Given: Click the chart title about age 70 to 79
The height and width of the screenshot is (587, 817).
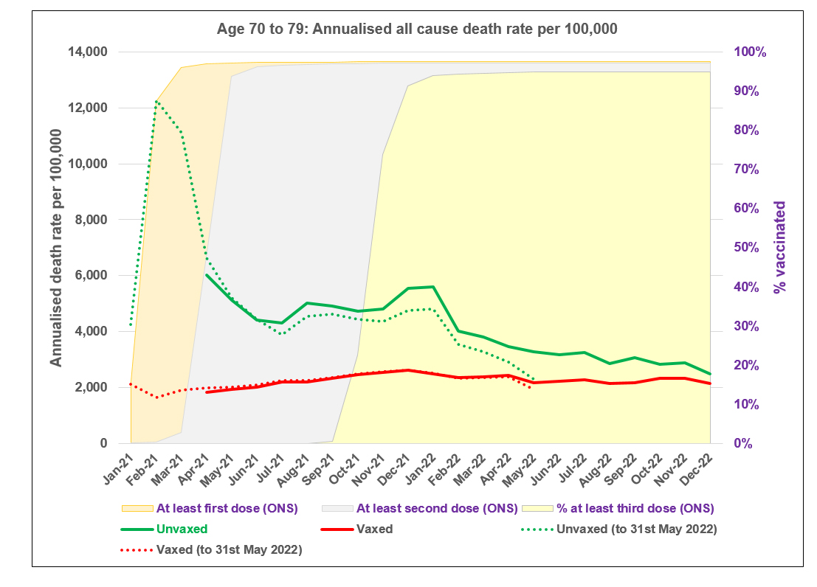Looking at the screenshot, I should pos(417,30).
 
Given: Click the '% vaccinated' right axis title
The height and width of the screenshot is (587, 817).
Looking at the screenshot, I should pos(780,248).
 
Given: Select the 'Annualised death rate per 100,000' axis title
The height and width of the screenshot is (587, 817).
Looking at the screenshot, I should pos(57,248).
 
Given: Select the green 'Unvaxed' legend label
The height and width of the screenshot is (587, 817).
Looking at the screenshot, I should pos(182,529).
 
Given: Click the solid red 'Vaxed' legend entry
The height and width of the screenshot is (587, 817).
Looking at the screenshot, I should pos(373,529).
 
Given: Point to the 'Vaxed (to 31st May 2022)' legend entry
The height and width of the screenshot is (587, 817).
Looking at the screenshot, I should pos(229,549).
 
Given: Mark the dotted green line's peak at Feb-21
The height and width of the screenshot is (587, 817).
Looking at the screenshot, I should pos(156,101).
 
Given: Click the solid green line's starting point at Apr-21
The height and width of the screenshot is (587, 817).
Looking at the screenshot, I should pos(207,275).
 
